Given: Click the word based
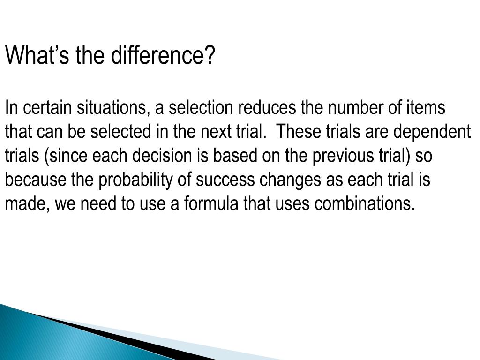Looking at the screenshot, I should pos(234,156).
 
